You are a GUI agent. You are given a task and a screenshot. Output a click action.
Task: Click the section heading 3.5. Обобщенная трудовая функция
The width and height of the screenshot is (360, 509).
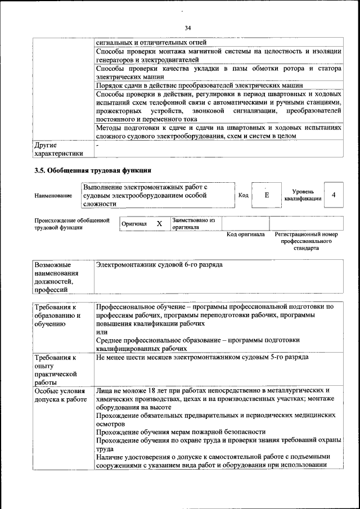click(x=93, y=170)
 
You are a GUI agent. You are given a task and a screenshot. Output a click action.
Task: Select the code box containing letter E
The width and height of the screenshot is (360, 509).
click(x=267, y=195)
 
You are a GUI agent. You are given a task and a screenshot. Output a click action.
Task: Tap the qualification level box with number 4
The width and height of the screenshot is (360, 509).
click(x=334, y=195)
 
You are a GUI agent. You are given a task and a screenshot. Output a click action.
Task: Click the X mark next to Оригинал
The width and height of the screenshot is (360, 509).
click(x=159, y=224)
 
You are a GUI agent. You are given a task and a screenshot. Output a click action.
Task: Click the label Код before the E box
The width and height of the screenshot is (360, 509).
click(x=244, y=195)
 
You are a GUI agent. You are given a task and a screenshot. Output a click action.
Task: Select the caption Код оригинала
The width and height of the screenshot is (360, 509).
click(x=245, y=235)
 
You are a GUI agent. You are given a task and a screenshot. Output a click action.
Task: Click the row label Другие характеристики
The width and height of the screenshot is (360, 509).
click(x=58, y=149)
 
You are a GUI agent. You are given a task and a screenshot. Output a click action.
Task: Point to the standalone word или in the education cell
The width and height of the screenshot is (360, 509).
click(x=101, y=332)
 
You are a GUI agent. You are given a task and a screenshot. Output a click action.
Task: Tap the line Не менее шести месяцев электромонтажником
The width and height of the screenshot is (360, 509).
click(x=201, y=358)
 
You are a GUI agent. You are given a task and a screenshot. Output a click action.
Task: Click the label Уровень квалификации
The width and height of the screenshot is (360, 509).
click(x=303, y=195)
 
